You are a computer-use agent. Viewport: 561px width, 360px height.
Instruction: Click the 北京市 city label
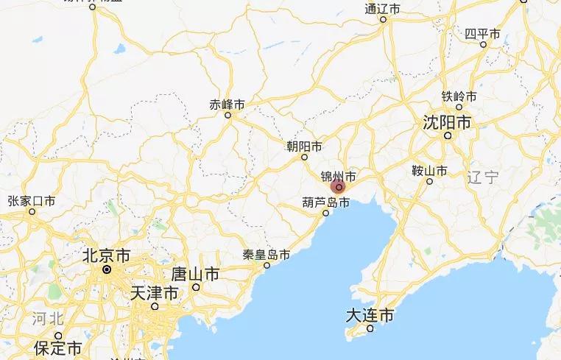click(106, 256)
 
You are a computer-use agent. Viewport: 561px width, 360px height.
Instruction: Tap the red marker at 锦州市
click(339, 188)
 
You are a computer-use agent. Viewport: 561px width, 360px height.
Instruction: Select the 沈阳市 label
click(446, 122)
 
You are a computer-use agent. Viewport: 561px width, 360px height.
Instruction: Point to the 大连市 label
click(370, 317)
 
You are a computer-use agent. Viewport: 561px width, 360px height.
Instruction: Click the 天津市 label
click(154, 293)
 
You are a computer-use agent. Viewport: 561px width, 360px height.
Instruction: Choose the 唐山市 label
click(195, 275)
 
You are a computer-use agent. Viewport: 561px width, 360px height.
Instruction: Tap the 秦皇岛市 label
click(266, 255)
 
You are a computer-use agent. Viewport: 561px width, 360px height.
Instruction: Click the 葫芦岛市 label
click(325, 201)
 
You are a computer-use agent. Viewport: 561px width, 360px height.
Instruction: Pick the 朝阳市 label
click(304, 146)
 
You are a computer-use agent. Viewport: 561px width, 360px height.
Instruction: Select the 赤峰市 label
click(227, 104)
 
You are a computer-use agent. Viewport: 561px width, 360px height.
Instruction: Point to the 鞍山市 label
click(429, 171)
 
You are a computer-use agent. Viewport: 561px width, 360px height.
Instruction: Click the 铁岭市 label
click(459, 96)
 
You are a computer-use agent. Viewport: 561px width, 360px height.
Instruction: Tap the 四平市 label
click(483, 34)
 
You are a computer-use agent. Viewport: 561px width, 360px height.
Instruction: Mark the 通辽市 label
click(383, 9)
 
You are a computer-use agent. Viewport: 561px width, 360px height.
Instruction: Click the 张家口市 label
click(32, 200)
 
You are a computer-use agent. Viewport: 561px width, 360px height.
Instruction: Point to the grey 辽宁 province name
click(483, 177)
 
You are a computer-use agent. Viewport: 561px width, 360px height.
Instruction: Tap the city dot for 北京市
click(107, 269)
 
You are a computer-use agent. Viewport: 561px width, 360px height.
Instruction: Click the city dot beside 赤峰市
click(227, 115)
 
